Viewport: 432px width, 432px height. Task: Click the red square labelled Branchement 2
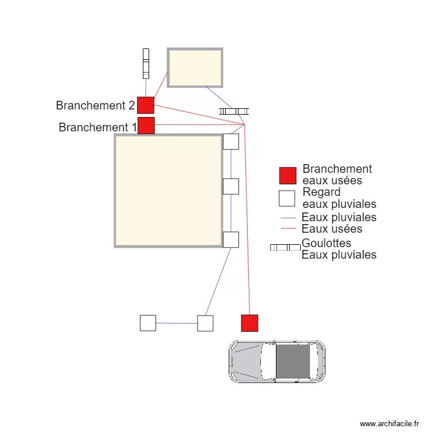coord(146,105)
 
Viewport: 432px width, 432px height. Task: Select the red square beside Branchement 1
coord(146,126)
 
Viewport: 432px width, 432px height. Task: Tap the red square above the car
coord(249,323)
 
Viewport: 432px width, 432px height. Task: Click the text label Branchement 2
coord(95,106)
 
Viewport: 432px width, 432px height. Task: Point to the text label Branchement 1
coord(97,127)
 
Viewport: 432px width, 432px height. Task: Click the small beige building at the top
coord(195,67)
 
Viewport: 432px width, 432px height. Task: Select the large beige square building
coord(168,191)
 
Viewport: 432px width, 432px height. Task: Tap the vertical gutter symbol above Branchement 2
coord(146,63)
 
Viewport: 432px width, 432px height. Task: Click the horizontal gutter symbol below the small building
coord(234,111)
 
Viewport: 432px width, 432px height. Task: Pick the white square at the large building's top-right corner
coord(230,142)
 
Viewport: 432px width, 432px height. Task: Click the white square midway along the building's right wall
coord(230,187)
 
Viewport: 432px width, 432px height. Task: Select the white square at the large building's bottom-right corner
coord(230,240)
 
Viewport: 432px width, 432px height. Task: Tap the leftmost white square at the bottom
coord(148,323)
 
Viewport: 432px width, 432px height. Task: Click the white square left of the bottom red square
coord(205,323)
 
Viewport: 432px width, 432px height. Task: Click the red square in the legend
coord(287,176)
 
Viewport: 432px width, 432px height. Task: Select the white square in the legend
coord(287,198)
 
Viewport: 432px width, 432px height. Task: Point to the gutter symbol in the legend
coord(285,247)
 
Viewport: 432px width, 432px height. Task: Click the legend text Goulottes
coord(327,244)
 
